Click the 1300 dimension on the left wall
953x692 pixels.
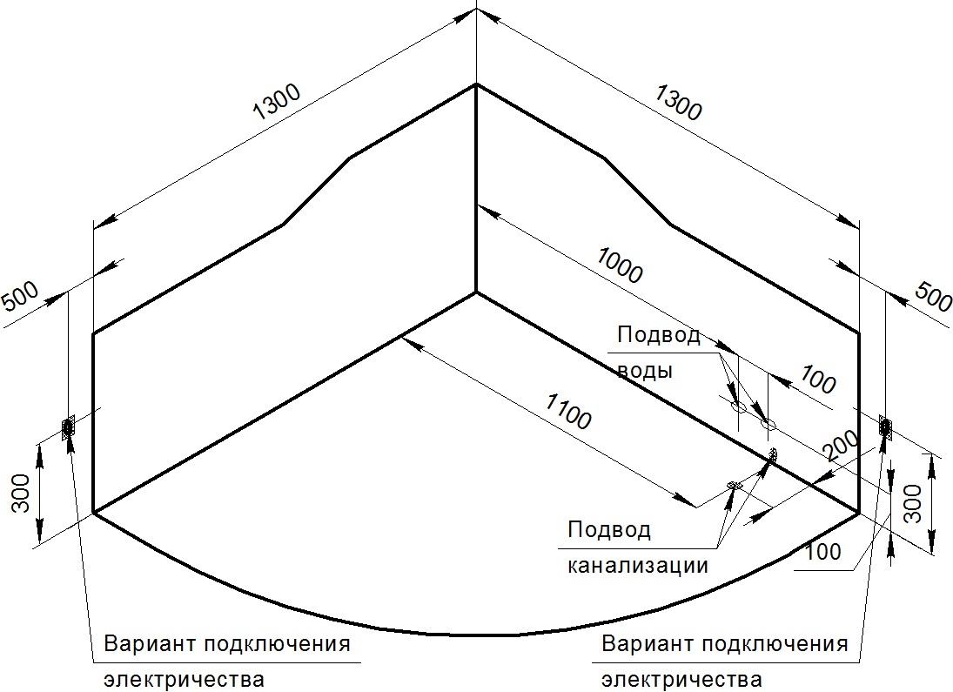[277, 101]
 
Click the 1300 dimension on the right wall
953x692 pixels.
[678, 102]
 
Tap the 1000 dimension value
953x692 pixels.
[618, 265]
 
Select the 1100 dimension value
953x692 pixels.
[567, 411]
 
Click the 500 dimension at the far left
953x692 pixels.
[20, 296]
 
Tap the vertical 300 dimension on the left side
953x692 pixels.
[21, 494]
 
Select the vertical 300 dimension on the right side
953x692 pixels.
[912, 504]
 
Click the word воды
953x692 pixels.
[645, 370]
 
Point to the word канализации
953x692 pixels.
[638, 565]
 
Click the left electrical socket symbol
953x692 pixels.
[68, 427]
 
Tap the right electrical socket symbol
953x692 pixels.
[885, 427]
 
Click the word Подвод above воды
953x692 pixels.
[659, 334]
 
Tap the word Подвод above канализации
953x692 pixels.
[609, 529]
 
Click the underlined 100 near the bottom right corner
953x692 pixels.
[823, 552]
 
